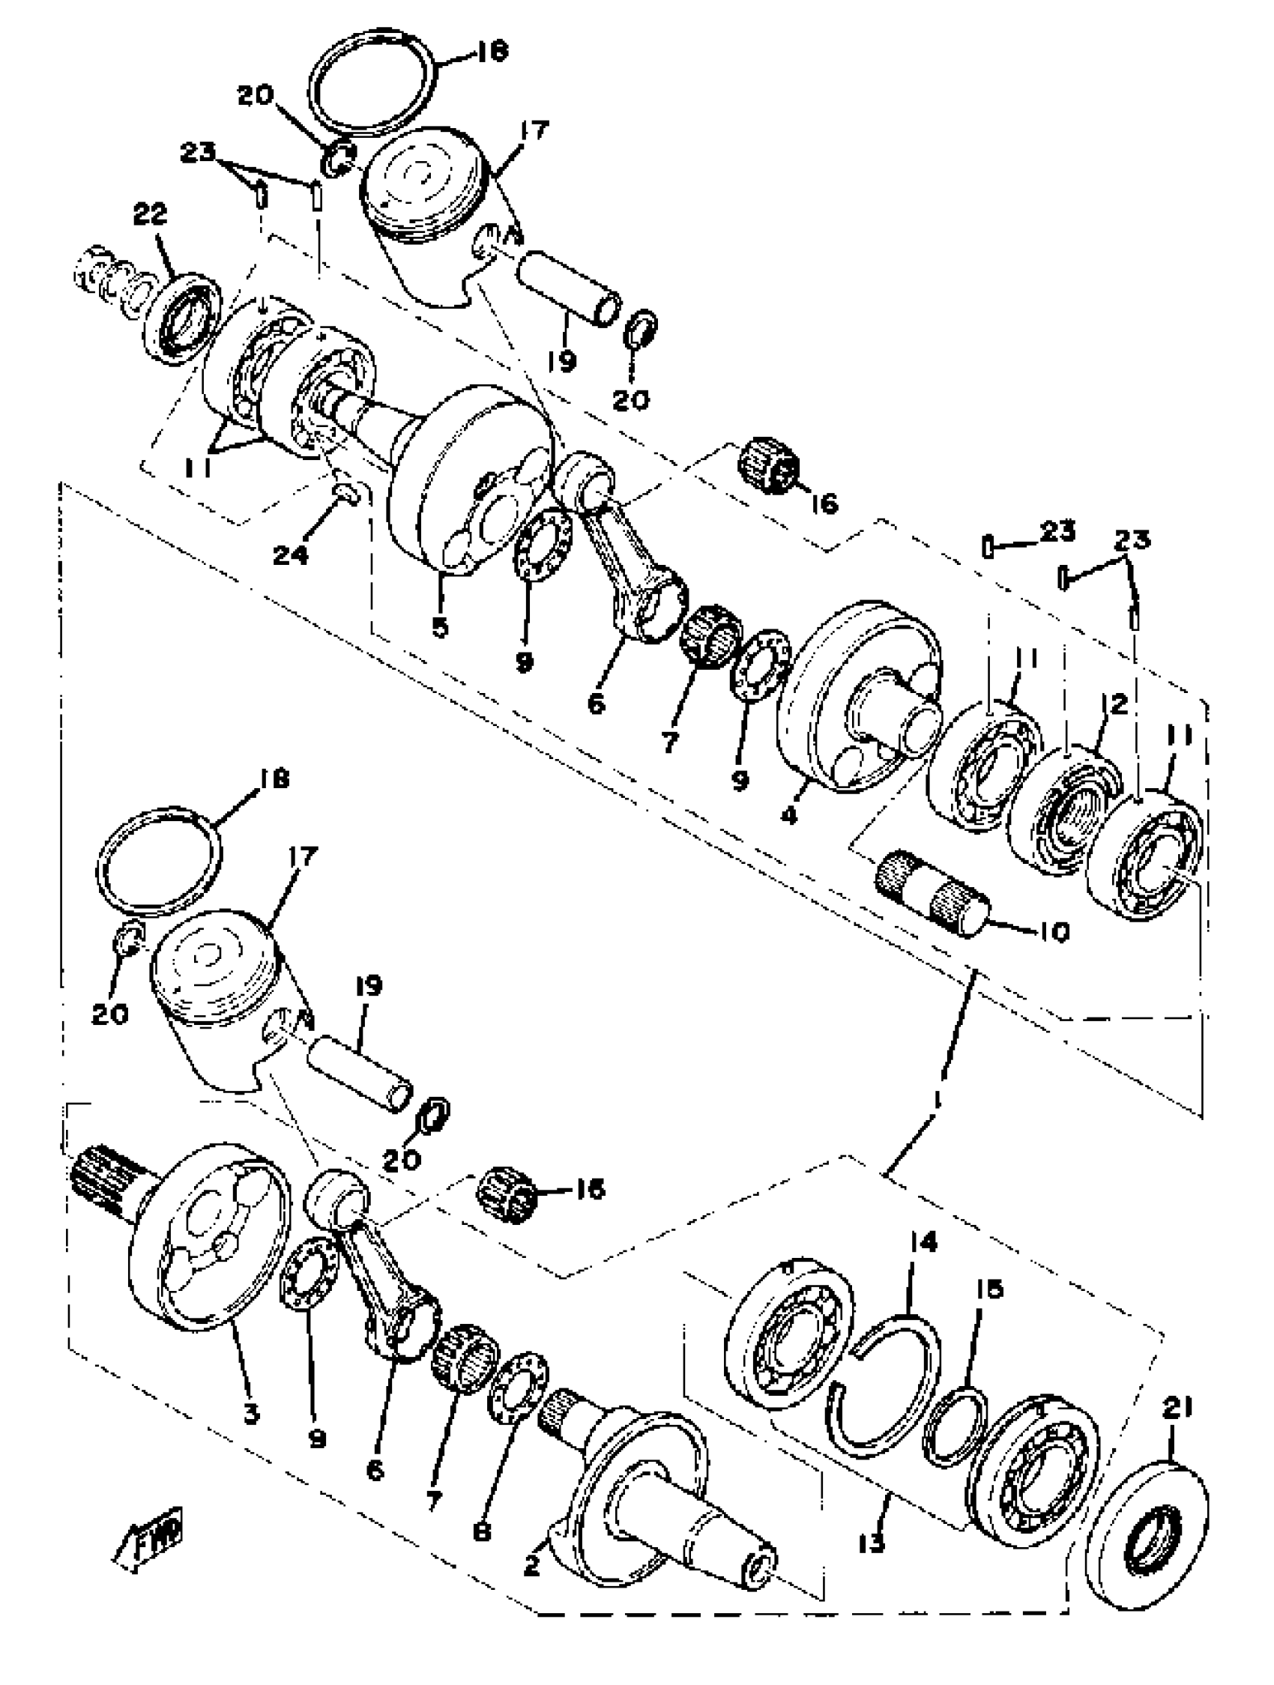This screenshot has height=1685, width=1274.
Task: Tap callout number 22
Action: tap(149, 216)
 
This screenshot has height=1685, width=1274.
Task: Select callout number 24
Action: tap(291, 554)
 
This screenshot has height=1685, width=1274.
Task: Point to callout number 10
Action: tap(1054, 931)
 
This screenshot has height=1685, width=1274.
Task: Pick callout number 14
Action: tap(924, 1243)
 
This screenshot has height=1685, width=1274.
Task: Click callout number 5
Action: tap(440, 628)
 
